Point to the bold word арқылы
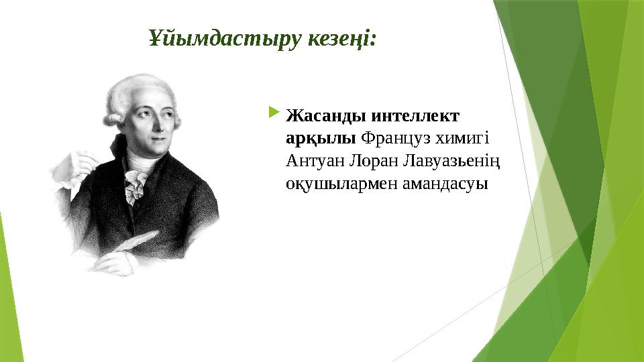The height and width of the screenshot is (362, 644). pyautogui.click(x=321, y=138)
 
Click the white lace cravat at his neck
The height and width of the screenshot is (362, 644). pyautogui.click(x=136, y=182)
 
